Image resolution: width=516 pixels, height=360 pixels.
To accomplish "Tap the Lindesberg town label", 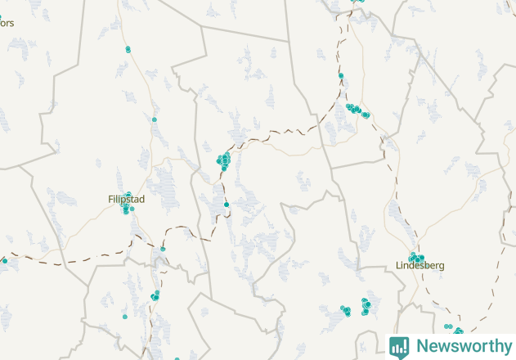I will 420,266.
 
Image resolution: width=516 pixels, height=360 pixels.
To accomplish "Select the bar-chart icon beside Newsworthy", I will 399,346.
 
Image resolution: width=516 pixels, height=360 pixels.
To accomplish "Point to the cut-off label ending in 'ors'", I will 7,23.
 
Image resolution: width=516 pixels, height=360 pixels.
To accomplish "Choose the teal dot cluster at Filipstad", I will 126,207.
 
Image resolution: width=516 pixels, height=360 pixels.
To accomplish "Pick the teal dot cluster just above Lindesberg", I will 417,258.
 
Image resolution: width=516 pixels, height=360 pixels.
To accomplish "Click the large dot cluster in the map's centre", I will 223,160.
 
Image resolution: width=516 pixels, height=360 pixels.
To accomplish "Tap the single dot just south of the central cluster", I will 226,204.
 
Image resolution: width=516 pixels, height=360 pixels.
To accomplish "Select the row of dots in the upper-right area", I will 357,110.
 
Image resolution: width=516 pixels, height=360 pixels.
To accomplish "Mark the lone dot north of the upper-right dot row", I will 341,76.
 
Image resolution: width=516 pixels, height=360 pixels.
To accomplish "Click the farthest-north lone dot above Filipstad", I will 128,49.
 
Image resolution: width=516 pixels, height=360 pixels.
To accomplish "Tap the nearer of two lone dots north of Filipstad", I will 154,119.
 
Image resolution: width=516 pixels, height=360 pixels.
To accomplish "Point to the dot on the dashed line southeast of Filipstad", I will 163,249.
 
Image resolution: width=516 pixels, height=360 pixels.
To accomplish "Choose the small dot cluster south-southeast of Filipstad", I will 155,295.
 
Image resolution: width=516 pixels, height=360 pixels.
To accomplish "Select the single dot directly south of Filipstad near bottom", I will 125,316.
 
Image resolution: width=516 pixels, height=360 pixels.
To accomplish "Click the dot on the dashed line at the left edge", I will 4,260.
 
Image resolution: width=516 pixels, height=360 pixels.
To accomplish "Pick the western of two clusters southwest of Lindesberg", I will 345,310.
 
